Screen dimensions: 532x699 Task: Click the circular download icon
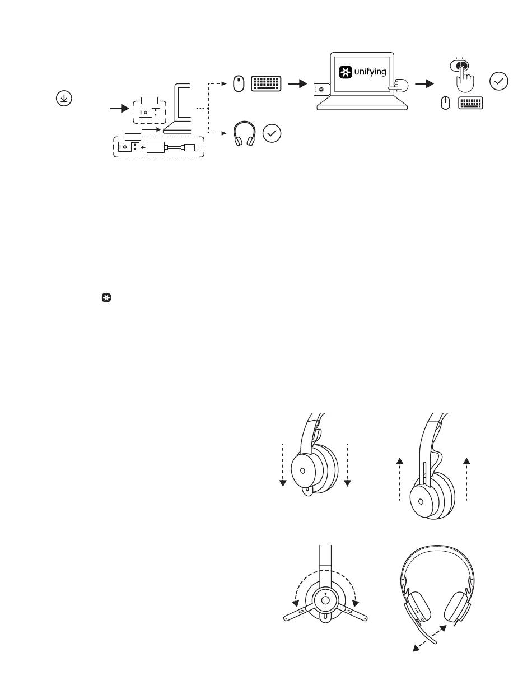point(64,98)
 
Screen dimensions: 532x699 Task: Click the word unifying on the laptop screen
point(370,72)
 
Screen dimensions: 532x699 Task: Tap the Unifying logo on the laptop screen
point(346,72)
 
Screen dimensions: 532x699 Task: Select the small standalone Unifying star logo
point(106,298)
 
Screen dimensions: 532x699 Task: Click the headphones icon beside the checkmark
point(245,133)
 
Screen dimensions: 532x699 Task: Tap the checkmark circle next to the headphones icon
point(272,133)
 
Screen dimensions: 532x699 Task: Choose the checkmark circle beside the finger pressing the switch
point(498,82)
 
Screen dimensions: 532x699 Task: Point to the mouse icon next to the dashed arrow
point(239,84)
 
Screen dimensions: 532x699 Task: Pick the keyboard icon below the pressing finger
point(470,103)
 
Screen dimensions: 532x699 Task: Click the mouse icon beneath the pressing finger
point(445,103)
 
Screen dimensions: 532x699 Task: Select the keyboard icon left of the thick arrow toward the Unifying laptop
point(266,84)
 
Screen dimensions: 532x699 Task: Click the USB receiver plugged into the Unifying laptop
point(322,90)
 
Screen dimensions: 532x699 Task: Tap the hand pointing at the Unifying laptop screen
point(399,86)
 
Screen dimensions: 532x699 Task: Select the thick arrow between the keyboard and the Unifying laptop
point(298,84)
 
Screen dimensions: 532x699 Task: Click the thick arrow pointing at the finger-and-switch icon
point(424,84)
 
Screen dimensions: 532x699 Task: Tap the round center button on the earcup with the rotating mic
point(325,600)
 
